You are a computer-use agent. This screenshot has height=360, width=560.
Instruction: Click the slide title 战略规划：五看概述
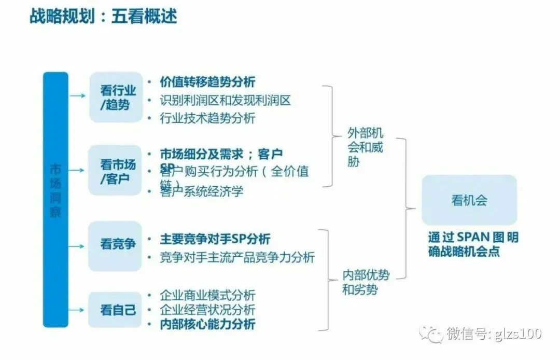[x=104, y=16]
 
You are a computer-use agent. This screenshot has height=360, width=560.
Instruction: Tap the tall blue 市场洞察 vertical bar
[x=55, y=199]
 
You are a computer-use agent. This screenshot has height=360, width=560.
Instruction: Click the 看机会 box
[x=469, y=200]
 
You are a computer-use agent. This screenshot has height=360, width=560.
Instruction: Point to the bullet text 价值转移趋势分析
[x=207, y=82]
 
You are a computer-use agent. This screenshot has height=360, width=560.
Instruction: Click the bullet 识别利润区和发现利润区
[x=226, y=100]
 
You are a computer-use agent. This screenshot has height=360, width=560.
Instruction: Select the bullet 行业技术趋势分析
[x=207, y=118]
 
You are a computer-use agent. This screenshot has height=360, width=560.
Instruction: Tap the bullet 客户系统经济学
[x=202, y=191]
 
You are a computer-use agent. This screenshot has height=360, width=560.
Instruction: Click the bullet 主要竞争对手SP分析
[x=215, y=239]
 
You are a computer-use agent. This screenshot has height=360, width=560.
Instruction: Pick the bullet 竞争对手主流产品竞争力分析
[x=237, y=257]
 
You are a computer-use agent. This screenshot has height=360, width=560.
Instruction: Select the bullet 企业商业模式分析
[x=207, y=295]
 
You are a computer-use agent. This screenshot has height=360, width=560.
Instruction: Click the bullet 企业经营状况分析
[x=207, y=310]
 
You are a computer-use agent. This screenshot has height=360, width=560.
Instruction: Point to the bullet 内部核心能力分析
[x=207, y=324]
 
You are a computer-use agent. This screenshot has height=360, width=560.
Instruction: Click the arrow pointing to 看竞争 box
[x=77, y=244]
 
